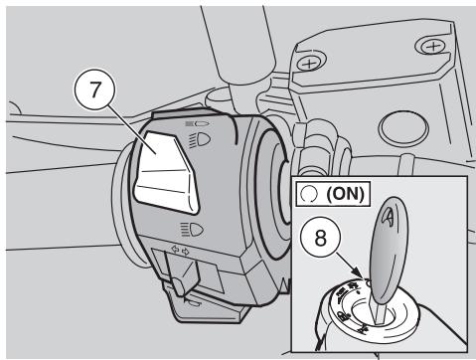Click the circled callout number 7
pyautogui.click(x=94, y=90)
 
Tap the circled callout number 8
pyautogui.click(x=320, y=238)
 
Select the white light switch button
pyautogui.click(x=166, y=172)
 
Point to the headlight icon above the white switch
pyautogui.click(x=200, y=140)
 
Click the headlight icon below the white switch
pyautogui.click(x=192, y=230)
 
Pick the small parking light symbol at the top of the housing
pyautogui.click(x=198, y=123)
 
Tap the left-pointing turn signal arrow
pyautogui.click(x=174, y=249)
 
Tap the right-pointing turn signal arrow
pyautogui.click(x=186, y=252)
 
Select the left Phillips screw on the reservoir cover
pyautogui.click(x=309, y=63)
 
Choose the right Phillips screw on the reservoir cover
pyautogui.click(x=432, y=47)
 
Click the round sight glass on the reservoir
pyautogui.click(x=401, y=128)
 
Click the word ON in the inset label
pyautogui.click(x=345, y=194)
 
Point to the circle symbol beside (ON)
pyautogui.click(x=309, y=195)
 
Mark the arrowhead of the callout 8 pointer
pyautogui.click(x=361, y=274)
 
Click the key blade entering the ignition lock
pyautogui.click(x=380, y=310)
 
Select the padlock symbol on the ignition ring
pyautogui.click(x=342, y=315)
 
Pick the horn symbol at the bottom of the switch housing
pyautogui.click(x=194, y=302)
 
